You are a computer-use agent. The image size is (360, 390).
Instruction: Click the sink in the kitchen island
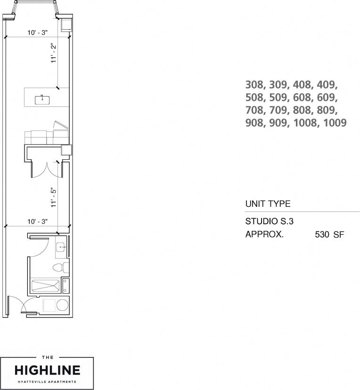click(x=42, y=99)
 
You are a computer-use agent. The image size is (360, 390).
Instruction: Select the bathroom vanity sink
click(x=61, y=247)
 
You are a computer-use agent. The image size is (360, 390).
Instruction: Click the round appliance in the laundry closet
click(x=62, y=306)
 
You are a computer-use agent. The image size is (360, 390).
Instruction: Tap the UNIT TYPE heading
click(x=268, y=204)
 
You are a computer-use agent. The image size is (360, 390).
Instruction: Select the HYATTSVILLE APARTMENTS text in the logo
click(x=47, y=382)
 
